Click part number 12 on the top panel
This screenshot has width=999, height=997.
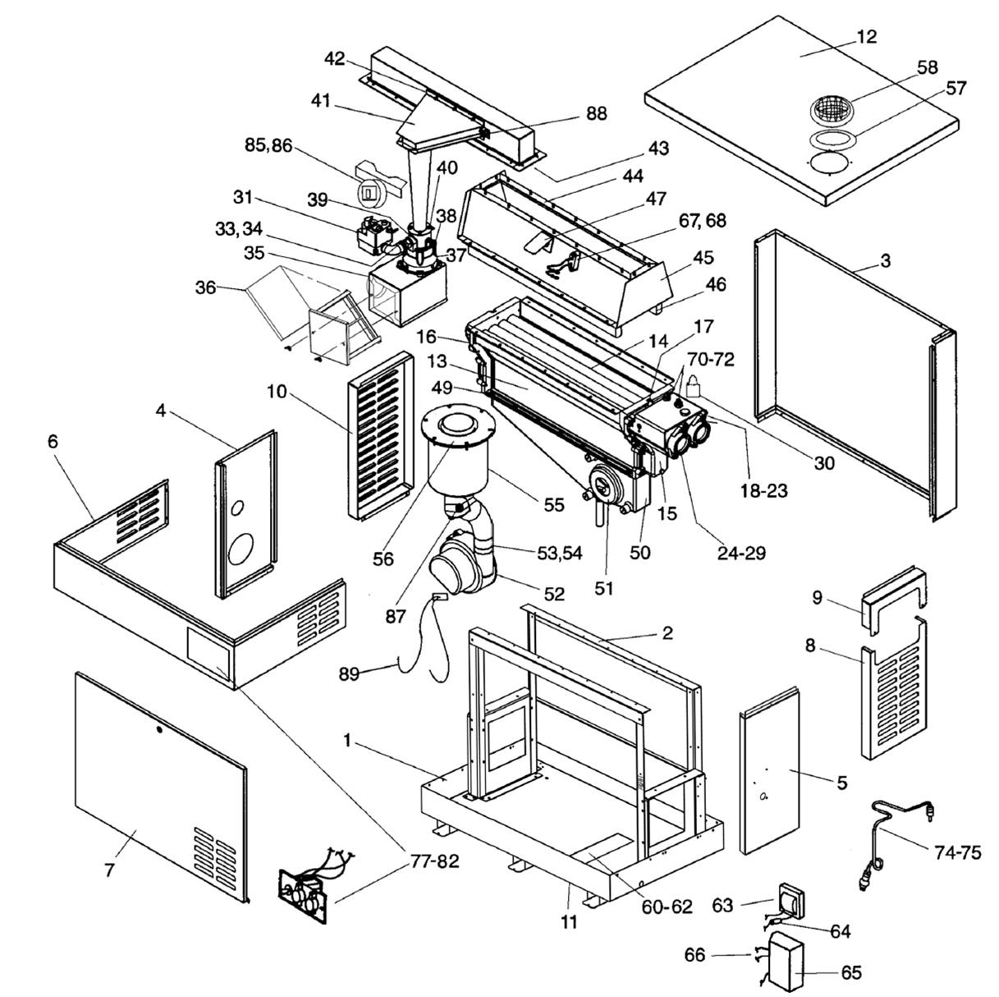[x=866, y=37]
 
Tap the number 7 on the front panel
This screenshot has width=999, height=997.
[x=110, y=869]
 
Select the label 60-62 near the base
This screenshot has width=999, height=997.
[x=668, y=906]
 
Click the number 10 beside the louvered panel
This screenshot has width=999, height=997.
[x=277, y=391]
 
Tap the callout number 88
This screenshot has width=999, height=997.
[x=597, y=113]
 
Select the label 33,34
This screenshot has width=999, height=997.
[x=240, y=229]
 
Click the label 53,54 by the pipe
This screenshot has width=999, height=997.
[x=559, y=553]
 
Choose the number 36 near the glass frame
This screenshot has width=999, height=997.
[x=206, y=287]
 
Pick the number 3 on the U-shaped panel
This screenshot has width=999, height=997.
[x=885, y=261]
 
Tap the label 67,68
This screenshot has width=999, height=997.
[x=703, y=221]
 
